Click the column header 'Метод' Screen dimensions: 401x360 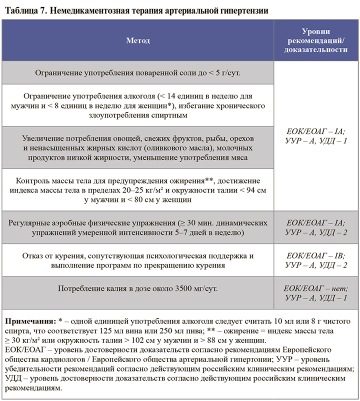(137, 40)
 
